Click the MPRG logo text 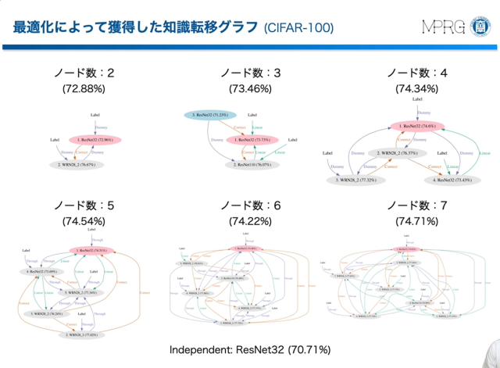[442, 27]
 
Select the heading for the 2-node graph [85, 73]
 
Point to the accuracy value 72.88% [85, 89]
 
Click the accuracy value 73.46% [250, 89]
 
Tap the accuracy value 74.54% [85, 221]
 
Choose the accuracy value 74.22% [250, 221]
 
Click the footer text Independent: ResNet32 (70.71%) [250, 349]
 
